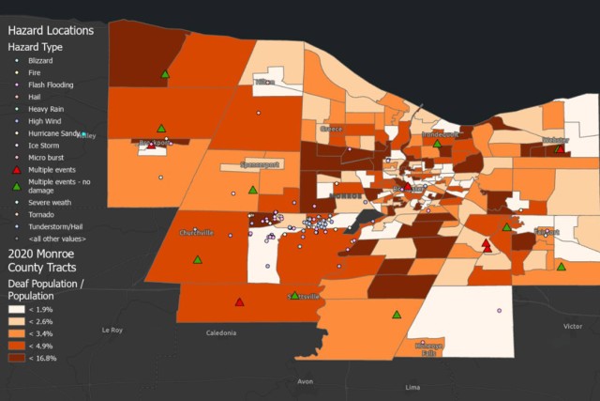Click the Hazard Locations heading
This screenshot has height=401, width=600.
click(x=51, y=30)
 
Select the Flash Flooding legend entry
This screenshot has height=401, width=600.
click(x=51, y=85)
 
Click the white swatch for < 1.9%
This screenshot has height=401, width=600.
click(x=16, y=309)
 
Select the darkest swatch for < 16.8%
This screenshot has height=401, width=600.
click(x=16, y=358)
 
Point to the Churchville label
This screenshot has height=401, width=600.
click(x=196, y=233)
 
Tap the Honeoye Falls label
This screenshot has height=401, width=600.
click(x=427, y=349)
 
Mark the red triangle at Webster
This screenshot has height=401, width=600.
click(x=560, y=148)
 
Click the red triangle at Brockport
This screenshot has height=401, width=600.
click(x=151, y=146)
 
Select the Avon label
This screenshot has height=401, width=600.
click(x=305, y=381)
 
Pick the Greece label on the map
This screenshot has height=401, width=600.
click(x=332, y=129)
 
